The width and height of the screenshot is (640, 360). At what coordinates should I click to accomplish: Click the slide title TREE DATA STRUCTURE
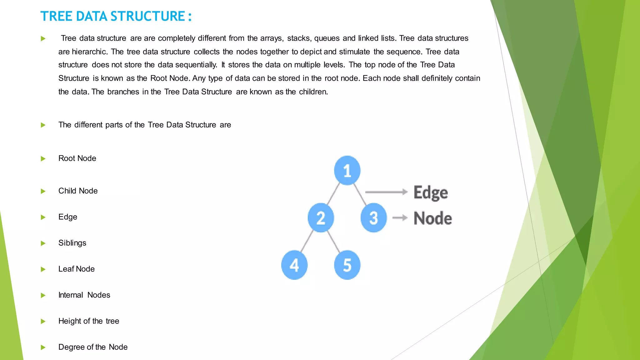click(x=116, y=16)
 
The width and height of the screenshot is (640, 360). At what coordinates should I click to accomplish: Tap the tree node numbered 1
click(x=347, y=170)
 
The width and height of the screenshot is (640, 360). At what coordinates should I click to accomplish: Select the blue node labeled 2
click(x=321, y=217)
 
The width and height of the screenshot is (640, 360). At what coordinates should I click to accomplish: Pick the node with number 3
click(x=373, y=217)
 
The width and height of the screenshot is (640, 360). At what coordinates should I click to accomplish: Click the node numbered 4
click(x=294, y=265)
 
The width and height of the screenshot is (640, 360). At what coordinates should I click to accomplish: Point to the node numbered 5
click(x=347, y=265)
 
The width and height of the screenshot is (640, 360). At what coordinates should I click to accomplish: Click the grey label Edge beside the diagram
click(x=431, y=192)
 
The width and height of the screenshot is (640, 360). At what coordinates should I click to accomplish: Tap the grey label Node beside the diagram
click(x=432, y=218)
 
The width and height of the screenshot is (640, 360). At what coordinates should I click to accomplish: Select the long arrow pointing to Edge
click(x=386, y=192)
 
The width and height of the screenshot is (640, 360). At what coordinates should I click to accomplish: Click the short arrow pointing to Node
click(x=400, y=217)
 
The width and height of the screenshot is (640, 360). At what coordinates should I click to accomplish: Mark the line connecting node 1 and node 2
click(x=333, y=194)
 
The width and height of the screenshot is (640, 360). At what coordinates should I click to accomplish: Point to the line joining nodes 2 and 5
click(x=334, y=241)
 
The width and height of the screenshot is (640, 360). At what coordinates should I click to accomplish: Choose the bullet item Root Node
click(x=77, y=158)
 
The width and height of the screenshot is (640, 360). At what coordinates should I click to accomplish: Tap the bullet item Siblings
click(x=72, y=243)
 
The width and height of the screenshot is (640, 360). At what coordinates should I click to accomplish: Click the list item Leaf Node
click(x=76, y=269)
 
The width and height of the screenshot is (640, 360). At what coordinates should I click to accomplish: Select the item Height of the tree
click(x=89, y=321)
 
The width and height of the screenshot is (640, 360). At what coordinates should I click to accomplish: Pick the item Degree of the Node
click(x=93, y=347)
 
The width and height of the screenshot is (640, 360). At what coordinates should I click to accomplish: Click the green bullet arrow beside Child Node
click(x=43, y=191)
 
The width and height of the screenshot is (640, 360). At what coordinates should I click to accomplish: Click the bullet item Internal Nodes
click(x=84, y=295)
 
